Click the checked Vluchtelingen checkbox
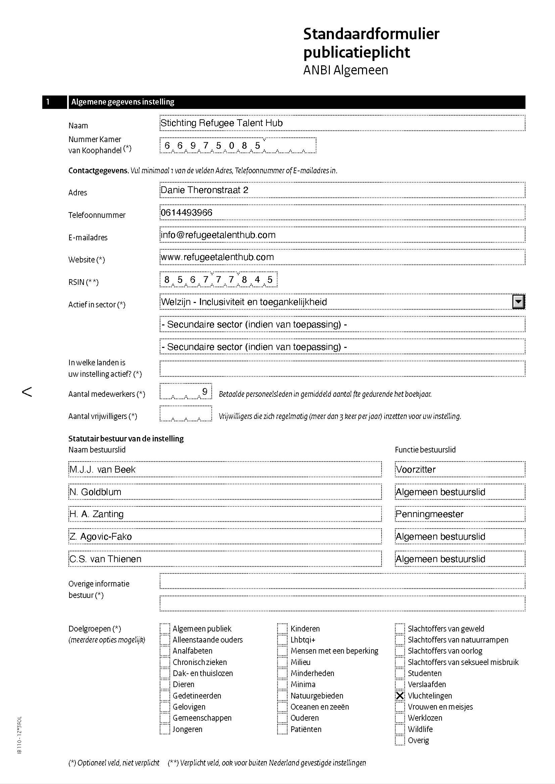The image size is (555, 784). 400,696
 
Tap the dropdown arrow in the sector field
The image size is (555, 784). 518,302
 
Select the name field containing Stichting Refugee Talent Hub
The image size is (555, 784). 221,123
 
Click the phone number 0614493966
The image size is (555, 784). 186,213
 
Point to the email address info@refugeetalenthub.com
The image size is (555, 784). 218,235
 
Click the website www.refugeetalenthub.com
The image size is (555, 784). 217,257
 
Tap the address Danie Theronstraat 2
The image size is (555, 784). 204,190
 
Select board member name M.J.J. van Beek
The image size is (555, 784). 102,470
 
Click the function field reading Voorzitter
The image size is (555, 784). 415,470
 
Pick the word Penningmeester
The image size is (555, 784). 429,514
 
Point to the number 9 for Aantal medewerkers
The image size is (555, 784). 205,391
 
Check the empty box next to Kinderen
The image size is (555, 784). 282,628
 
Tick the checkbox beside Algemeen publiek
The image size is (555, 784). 165,628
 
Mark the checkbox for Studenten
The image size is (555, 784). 400,673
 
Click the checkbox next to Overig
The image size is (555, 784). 400,740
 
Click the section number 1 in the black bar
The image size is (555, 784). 48,102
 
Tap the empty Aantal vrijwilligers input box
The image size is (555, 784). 186,414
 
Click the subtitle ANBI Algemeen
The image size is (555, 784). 346,70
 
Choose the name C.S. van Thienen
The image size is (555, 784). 105,559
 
